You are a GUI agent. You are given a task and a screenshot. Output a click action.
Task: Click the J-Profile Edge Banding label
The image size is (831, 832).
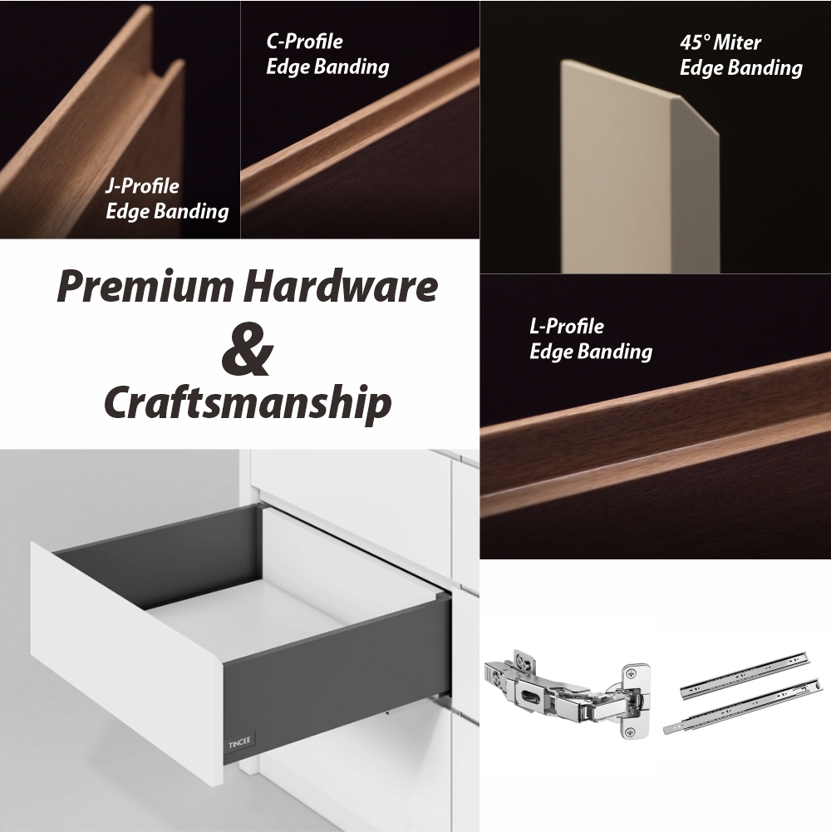point(167,199)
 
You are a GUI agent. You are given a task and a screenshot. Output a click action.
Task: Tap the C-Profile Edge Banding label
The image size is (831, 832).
point(327,55)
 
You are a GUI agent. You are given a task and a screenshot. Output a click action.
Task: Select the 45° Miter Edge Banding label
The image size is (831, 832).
point(740,55)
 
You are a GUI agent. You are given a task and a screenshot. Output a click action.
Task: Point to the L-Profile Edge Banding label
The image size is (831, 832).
point(591,339)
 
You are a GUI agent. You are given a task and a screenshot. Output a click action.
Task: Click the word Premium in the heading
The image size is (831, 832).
point(145,287)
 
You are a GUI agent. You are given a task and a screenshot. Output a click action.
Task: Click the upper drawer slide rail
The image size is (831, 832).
point(745,672)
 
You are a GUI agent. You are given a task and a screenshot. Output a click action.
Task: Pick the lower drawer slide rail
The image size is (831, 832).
point(743,707)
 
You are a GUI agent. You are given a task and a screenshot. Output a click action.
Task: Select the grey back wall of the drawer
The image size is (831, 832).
point(160,557)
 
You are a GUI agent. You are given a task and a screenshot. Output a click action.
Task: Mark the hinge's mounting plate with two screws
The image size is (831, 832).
point(635,701)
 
